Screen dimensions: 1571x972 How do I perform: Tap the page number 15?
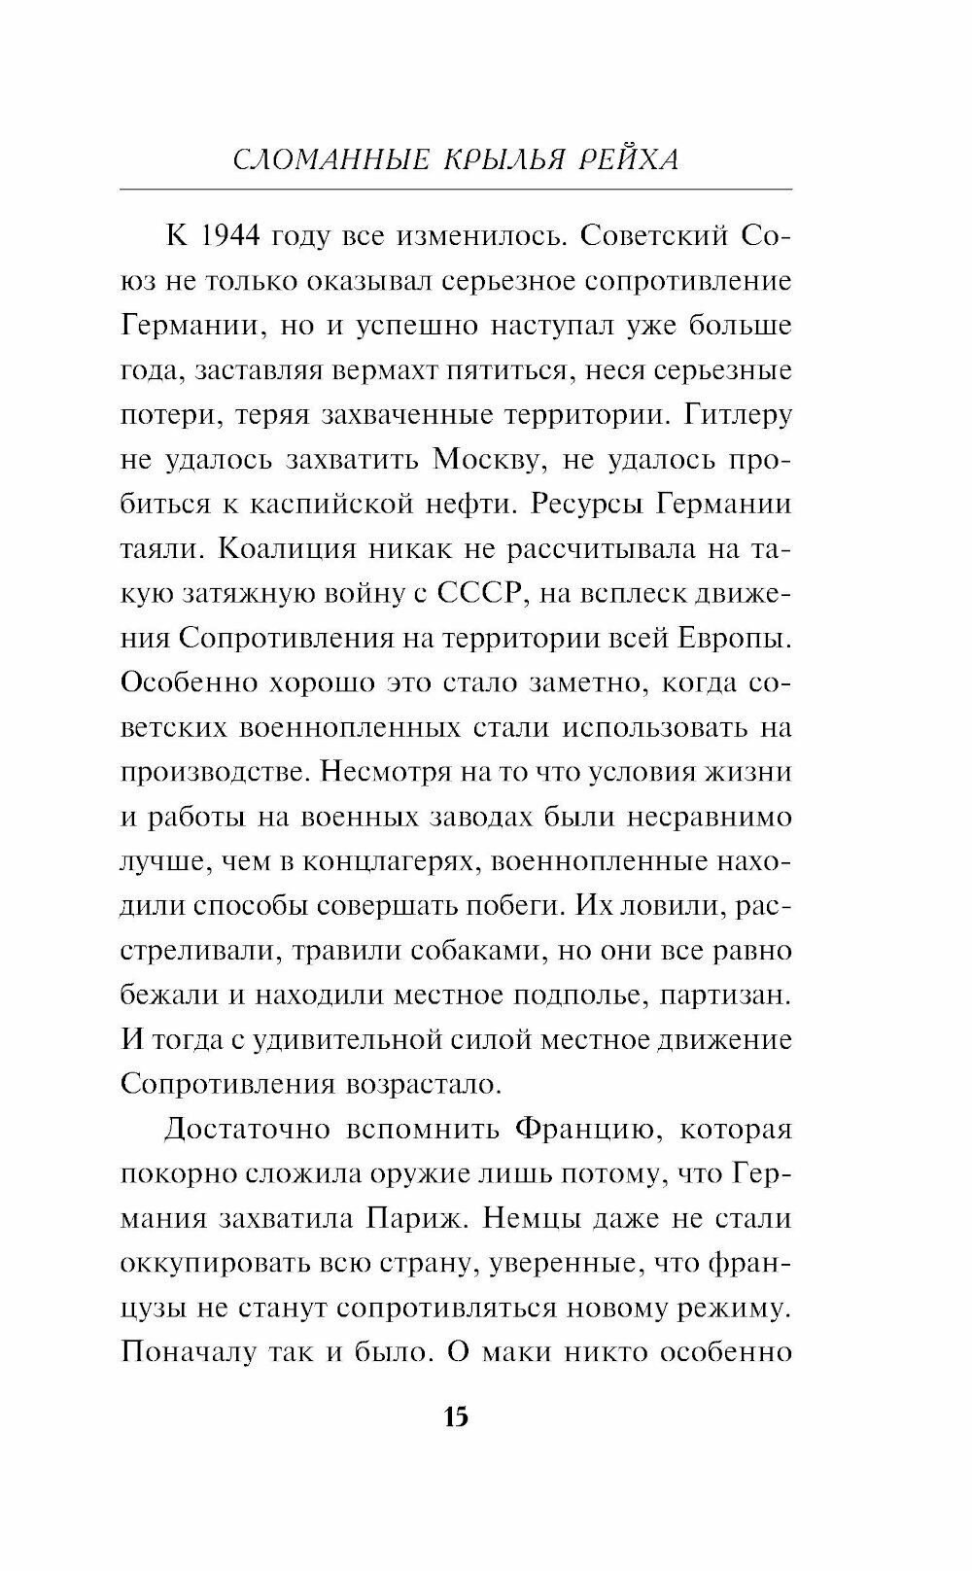pos(456,1416)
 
